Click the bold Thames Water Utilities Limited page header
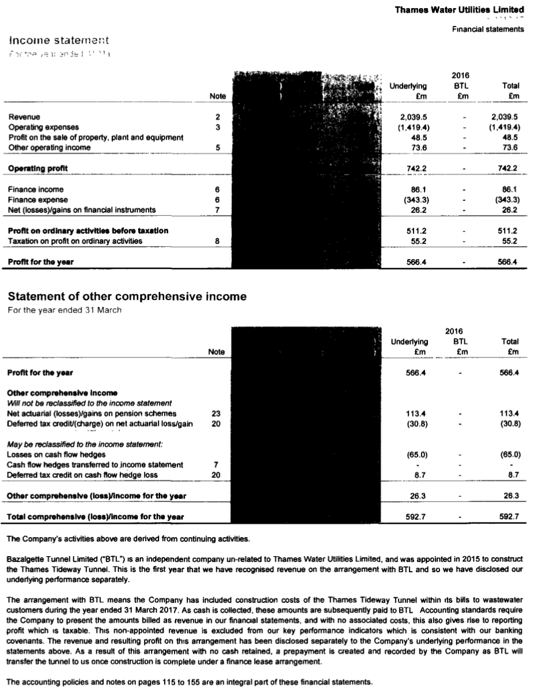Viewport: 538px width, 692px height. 459,10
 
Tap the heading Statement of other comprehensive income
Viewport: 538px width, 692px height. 127,297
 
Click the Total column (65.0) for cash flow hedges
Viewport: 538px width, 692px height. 510,454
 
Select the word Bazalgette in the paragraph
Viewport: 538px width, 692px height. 24,559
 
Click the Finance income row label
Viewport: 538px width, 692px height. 36,189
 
